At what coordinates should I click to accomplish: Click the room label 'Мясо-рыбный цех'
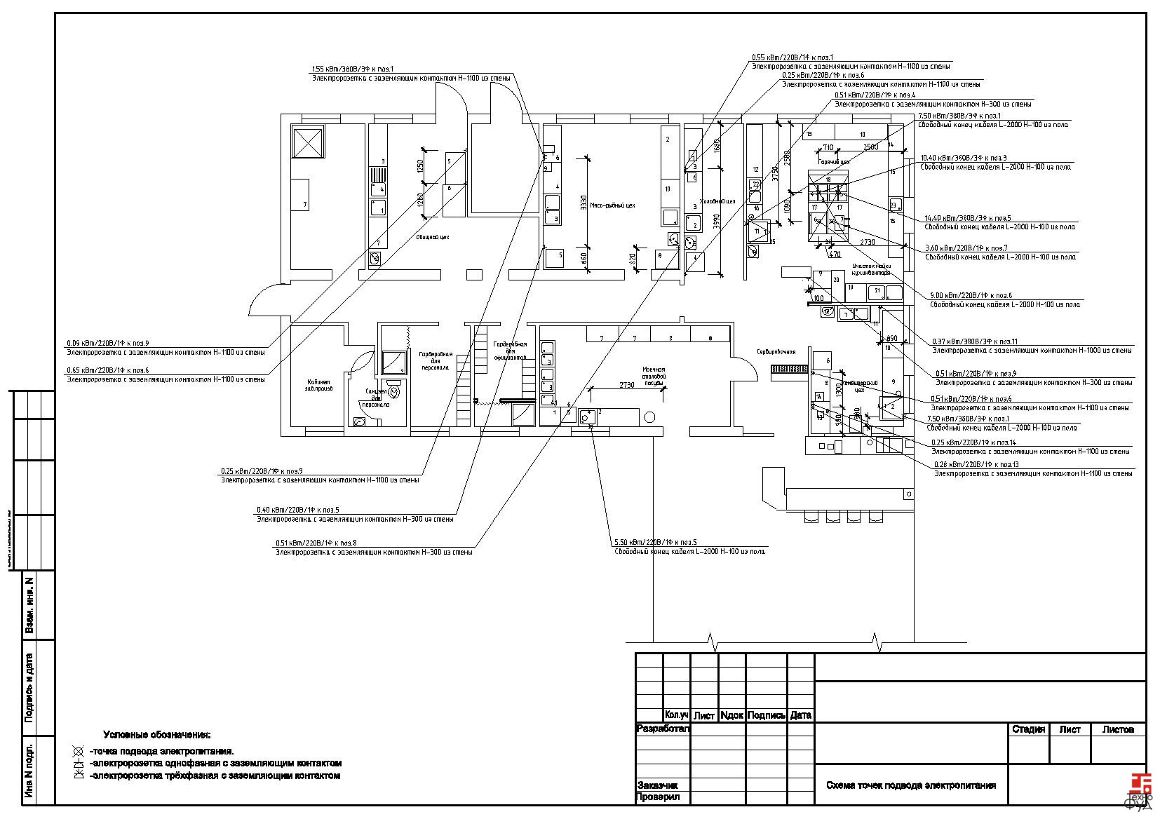(x=618, y=205)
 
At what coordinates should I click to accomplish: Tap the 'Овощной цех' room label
(x=433, y=237)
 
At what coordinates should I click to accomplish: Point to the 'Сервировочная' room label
(x=776, y=351)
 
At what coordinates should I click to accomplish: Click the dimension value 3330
(x=584, y=202)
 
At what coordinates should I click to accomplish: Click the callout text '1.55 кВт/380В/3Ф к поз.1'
(x=353, y=69)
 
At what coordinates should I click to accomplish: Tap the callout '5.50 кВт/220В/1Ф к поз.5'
(x=655, y=542)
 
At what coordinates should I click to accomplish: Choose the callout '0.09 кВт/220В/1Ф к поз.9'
(x=107, y=343)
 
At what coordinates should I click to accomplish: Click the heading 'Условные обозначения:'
(x=156, y=735)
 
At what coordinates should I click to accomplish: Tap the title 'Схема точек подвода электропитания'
(x=910, y=785)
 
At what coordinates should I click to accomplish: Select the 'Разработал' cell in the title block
(x=663, y=729)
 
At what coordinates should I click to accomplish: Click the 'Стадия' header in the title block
(x=1028, y=729)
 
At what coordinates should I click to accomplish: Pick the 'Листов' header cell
(x=1118, y=729)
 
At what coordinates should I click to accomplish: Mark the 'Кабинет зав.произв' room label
(x=318, y=384)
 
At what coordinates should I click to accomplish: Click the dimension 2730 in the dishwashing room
(x=626, y=385)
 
